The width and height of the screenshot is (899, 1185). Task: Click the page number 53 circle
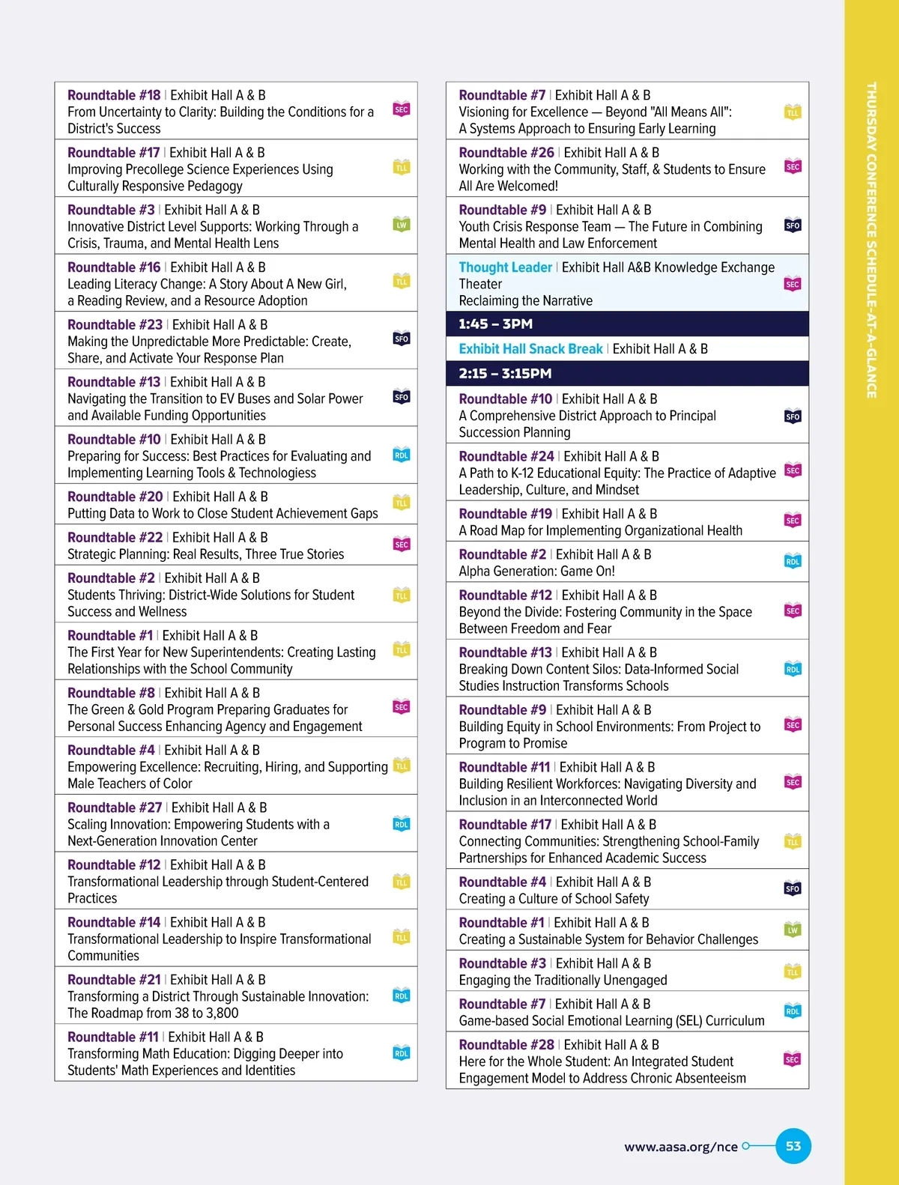793,1145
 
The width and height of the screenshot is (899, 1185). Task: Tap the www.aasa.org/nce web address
680,1146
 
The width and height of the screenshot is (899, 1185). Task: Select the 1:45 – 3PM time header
496,324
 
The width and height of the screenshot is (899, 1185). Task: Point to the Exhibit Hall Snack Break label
530,349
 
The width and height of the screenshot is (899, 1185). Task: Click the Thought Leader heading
505,267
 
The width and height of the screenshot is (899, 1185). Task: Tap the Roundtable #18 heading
114,95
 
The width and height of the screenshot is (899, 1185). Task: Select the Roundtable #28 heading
506,1044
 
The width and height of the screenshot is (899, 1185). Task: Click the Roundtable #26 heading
506,152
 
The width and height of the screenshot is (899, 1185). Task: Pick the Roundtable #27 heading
115,807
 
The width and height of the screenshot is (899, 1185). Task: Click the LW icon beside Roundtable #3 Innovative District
402,224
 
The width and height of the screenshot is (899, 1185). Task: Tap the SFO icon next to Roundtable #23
402,339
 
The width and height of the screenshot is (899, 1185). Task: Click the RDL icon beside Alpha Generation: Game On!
793,561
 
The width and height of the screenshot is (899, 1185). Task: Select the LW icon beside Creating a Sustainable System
793,930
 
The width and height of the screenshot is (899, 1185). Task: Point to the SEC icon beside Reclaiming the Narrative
793,284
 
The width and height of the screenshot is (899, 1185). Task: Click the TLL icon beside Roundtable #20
402,503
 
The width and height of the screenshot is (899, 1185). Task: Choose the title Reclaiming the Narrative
525,300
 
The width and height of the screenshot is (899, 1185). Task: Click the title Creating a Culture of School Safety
554,898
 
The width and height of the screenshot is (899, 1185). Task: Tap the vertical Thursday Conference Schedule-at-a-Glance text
871,240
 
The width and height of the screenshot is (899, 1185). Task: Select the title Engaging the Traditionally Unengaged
563,980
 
